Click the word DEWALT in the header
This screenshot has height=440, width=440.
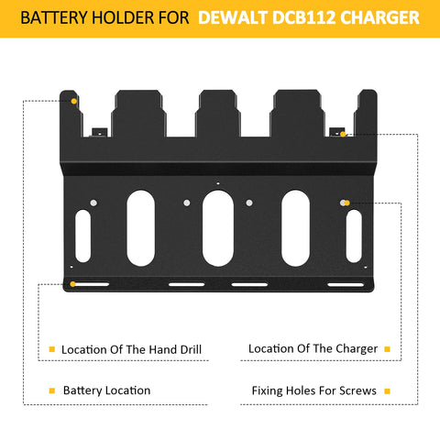[x=233, y=17]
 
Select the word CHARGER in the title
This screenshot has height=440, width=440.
[x=379, y=17]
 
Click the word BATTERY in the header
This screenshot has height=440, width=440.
[x=54, y=17]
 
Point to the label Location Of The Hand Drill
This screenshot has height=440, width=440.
[x=131, y=349]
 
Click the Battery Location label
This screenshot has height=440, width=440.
[x=106, y=390]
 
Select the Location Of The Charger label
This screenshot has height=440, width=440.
[x=313, y=348]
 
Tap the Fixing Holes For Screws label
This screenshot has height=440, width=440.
[x=314, y=390]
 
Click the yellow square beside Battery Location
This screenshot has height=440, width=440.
[x=52, y=390]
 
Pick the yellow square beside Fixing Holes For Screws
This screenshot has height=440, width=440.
[x=387, y=391]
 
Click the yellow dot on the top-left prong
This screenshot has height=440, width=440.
[x=74, y=101]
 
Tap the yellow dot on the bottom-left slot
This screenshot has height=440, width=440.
[x=72, y=284]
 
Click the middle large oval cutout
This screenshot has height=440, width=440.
[x=218, y=228]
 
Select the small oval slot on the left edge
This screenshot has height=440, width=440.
[x=82, y=236]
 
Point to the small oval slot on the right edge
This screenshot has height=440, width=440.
[x=354, y=236]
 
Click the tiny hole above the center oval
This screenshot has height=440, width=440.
[x=218, y=183]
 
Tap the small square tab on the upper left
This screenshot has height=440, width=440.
[x=100, y=133]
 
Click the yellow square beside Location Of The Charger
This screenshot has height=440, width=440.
[x=387, y=349]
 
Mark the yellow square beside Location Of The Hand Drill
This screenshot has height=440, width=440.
[x=52, y=349]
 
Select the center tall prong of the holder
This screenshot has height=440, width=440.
[x=218, y=114]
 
